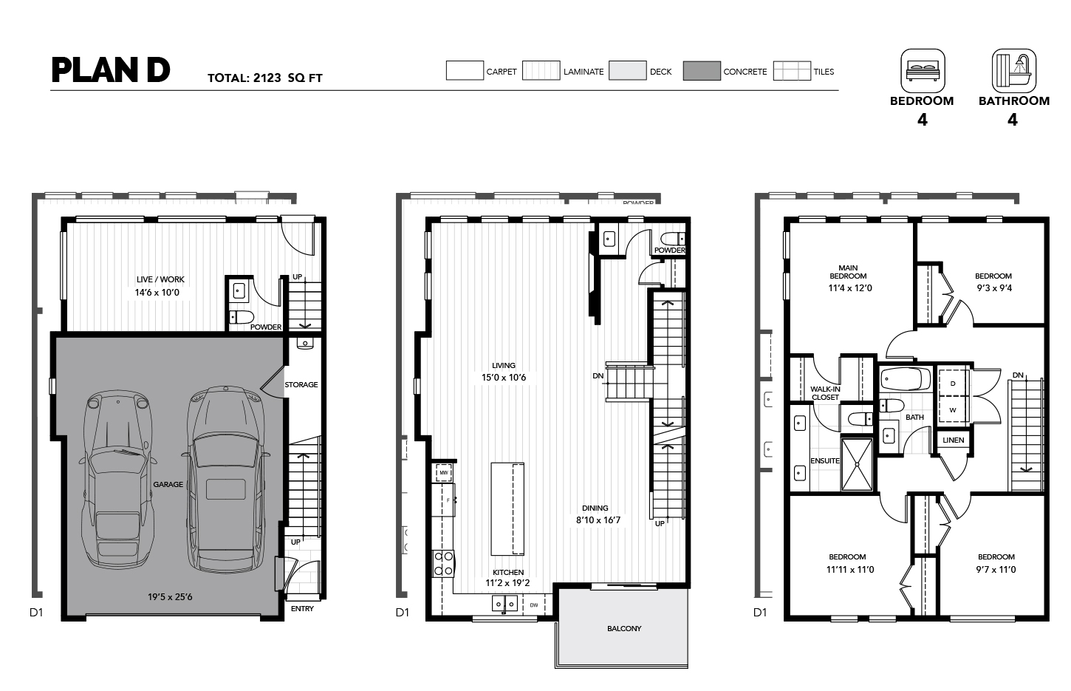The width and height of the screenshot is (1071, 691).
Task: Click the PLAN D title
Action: [x=111, y=70]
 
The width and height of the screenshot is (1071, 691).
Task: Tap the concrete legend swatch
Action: [x=702, y=71]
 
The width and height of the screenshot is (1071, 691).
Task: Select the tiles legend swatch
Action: [x=792, y=71]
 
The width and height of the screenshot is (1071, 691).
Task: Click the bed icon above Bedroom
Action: [x=923, y=71]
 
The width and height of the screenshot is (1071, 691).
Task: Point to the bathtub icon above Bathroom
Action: [x=1013, y=71]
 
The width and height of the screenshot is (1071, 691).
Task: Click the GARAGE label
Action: [x=168, y=484]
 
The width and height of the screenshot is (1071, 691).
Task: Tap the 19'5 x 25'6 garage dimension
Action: [x=170, y=596]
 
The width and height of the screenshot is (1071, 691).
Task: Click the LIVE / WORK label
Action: [x=160, y=279]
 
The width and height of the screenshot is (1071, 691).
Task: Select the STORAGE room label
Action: [x=301, y=385]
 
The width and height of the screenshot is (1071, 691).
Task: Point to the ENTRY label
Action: [x=302, y=609]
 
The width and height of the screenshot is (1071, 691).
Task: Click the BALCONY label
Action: [x=624, y=628]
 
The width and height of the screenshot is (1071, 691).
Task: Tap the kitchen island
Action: [x=507, y=508]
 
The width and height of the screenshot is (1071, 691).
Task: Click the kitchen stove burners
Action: [x=443, y=563]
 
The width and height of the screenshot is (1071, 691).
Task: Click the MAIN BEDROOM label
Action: [x=848, y=272]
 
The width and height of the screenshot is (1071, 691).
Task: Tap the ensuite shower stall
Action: [x=856, y=464]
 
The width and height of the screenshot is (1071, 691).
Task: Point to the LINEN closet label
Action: [x=953, y=440]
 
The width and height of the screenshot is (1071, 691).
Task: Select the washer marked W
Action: [x=953, y=409]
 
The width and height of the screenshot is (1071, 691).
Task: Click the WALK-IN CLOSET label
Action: [x=825, y=393]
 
